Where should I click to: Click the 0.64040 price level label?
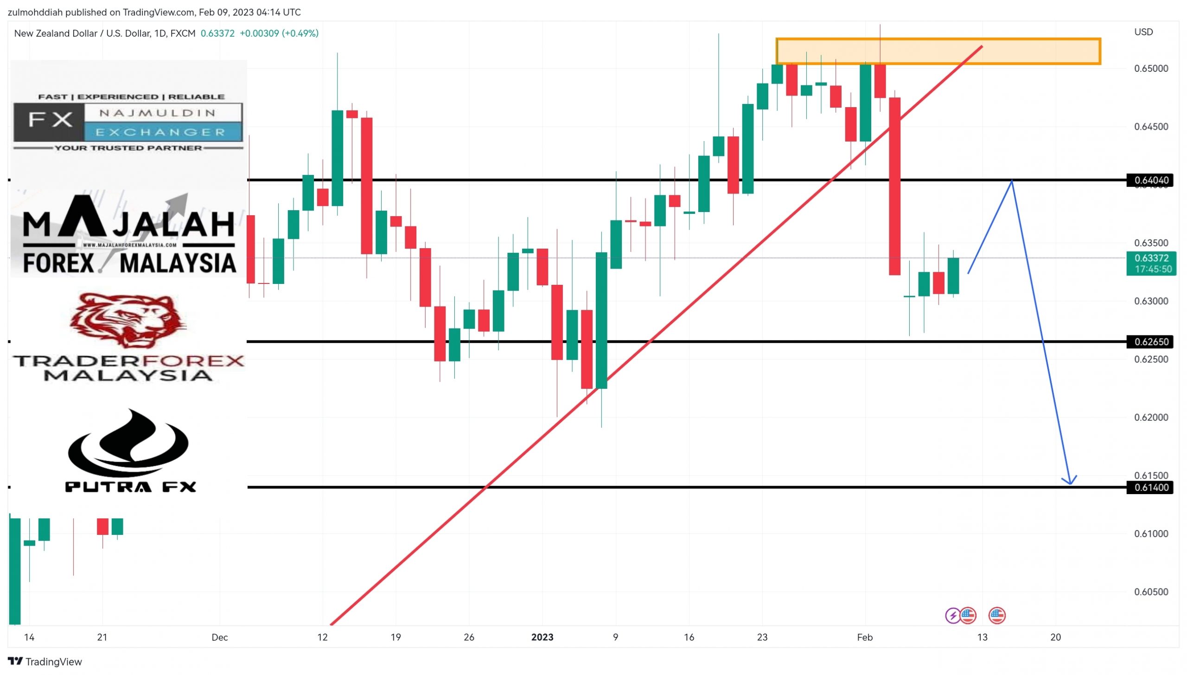(1151, 180)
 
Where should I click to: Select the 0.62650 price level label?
(1151, 342)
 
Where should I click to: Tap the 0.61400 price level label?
(1151, 487)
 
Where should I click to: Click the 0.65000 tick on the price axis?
(1151, 69)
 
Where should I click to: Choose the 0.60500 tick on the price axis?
(1151, 592)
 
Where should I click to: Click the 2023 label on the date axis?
(542, 637)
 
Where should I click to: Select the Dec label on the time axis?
(219, 637)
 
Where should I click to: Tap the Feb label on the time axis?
(865, 637)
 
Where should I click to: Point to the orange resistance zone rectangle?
(938, 51)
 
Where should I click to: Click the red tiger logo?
(128, 320)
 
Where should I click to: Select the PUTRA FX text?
(131, 487)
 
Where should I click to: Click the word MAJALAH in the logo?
(129, 224)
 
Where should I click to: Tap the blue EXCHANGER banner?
(162, 132)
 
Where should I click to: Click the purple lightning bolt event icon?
(952, 616)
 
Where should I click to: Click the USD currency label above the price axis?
(1143, 32)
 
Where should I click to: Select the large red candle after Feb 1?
(894, 186)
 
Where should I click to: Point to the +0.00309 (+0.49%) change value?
(279, 33)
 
